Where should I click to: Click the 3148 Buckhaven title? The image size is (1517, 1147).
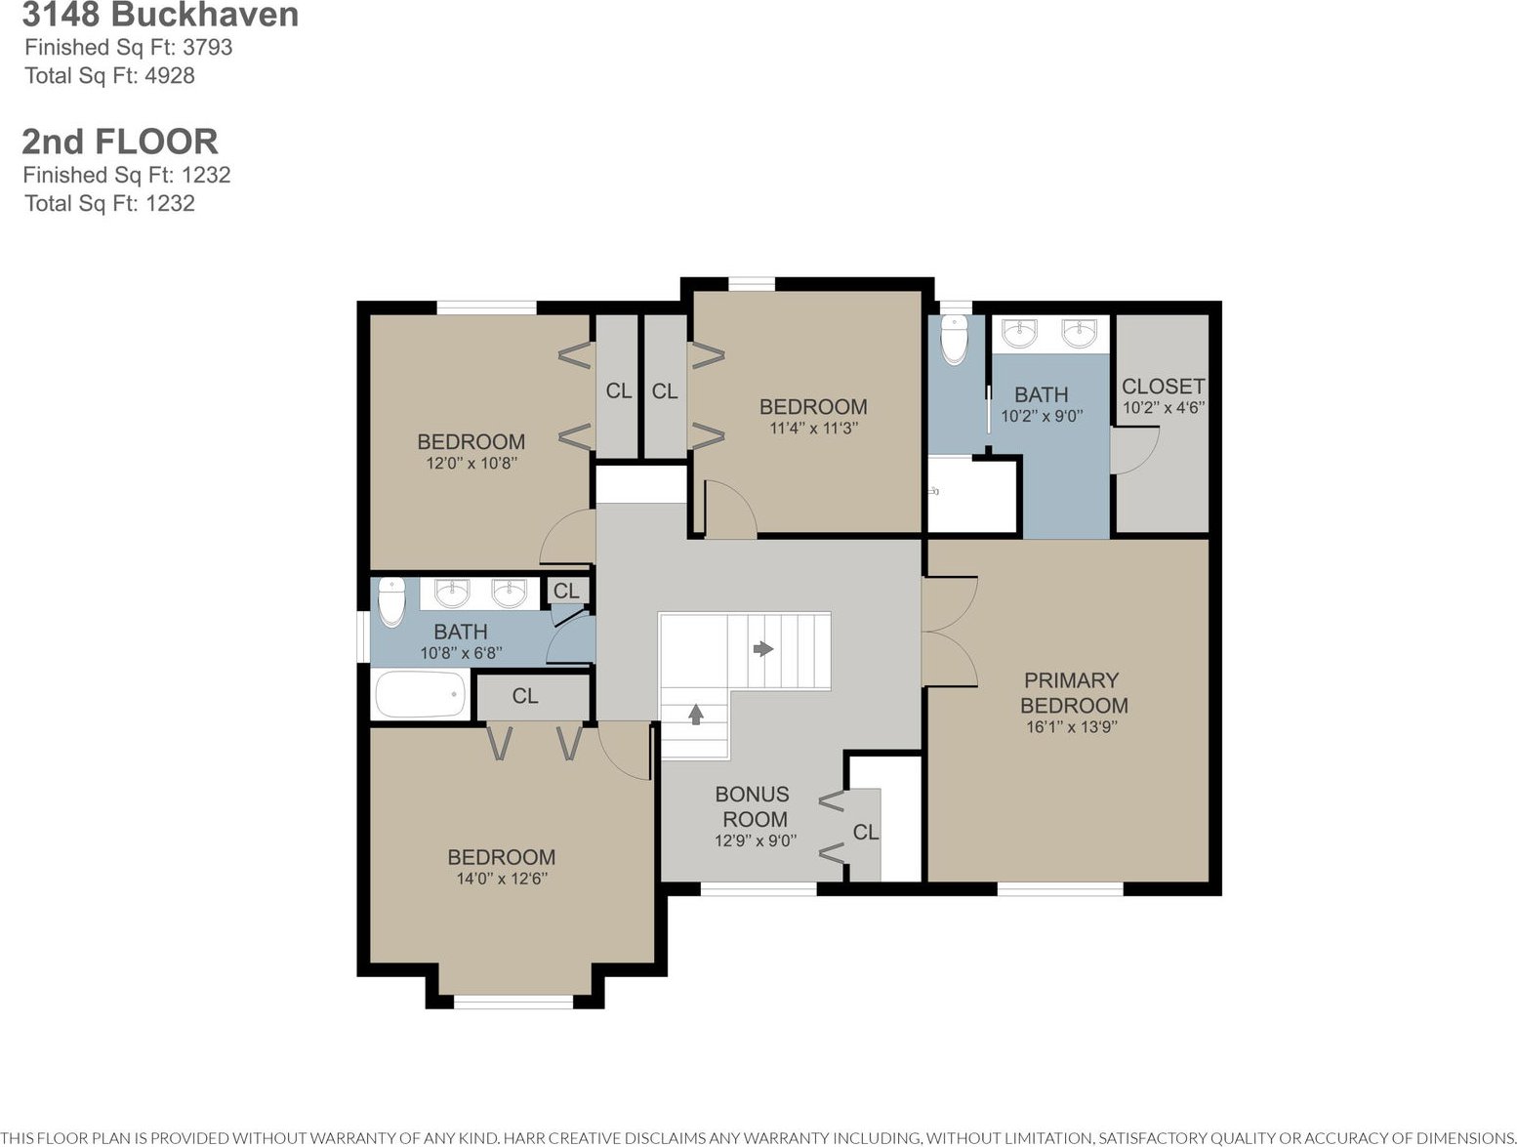(x=160, y=16)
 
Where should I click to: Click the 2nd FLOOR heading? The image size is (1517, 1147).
(x=119, y=142)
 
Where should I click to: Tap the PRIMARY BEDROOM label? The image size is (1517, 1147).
(x=1073, y=692)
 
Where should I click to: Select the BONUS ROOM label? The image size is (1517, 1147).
(x=754, y=806)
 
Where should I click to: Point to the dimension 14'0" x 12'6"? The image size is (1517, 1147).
(x=502, y=879)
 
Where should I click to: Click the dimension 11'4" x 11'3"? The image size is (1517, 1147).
(x=813, y=428)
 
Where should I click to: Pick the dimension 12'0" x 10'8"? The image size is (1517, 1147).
(x=471, y=463)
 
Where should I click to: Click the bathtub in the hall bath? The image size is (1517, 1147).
(x=420, y=694)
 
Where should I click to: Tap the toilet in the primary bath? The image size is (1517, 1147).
(x=955, y=339)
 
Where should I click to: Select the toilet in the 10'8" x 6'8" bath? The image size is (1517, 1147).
(x=391, y=602)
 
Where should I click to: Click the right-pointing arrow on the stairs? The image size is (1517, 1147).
(x=763, y=649)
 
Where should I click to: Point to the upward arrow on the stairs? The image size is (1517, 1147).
(x=696, y=714)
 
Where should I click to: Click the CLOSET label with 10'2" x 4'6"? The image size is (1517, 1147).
(x=1164, y=386)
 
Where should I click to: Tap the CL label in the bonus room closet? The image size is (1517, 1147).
(x=865, y=832)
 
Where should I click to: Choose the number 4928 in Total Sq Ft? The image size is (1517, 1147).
(x=169, y=75)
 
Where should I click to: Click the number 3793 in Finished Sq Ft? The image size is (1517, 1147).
(x=207, y=47)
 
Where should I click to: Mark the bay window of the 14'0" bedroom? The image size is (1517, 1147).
(x=512, y=1002)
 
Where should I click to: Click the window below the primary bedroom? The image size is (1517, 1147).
(x=1060, y=888)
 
